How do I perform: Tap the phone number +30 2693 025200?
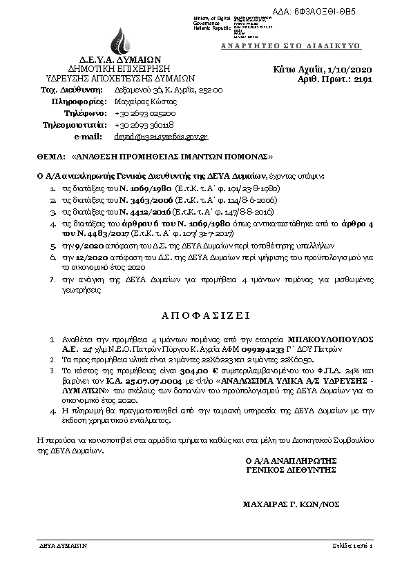145,113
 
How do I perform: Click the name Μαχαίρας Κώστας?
142,101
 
